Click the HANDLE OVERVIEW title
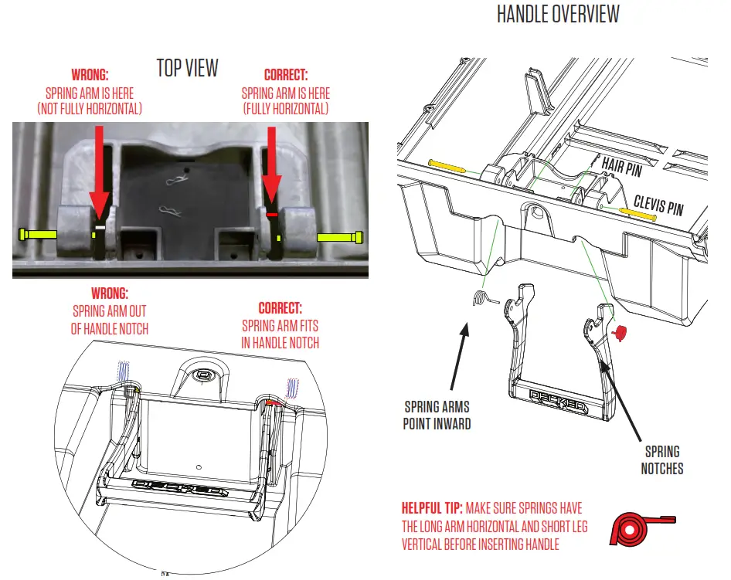click(557, 15)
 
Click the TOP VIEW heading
click(188, 68)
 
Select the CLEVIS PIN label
click(659, 207)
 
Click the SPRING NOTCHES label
click(661, 460)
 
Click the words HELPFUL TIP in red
click(431, 509)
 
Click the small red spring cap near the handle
click(620, 331)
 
